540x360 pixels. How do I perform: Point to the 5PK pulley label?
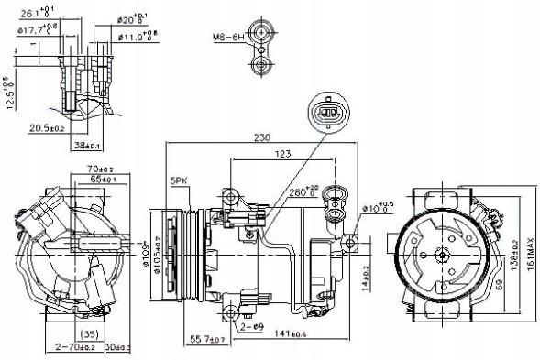[x=178, y=181]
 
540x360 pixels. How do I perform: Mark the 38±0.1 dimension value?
[x=88, y=145]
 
